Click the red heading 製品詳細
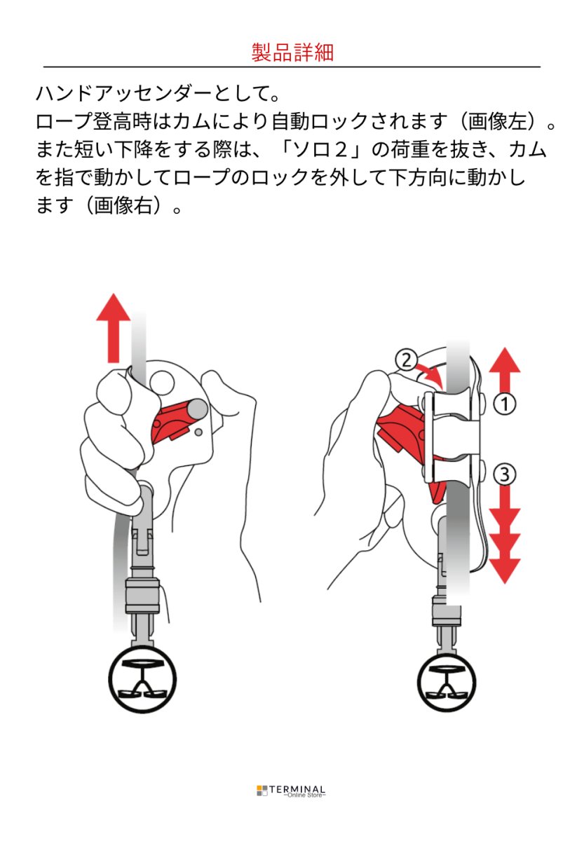292,53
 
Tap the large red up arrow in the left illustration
113,329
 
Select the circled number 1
505,404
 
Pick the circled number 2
405,360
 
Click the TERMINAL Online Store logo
291,791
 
